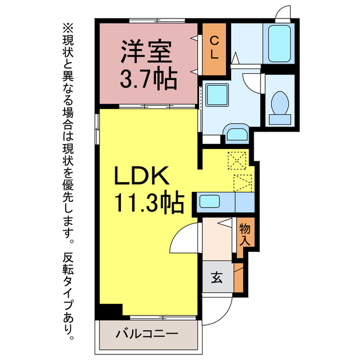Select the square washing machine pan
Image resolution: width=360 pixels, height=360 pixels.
click(215, 94)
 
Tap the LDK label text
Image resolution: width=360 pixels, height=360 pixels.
click(142, 177)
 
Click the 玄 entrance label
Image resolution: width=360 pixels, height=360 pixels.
click(217, 277)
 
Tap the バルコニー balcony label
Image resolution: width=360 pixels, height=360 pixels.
click(147, 334)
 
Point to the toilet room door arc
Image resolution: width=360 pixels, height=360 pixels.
click(253, 82)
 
